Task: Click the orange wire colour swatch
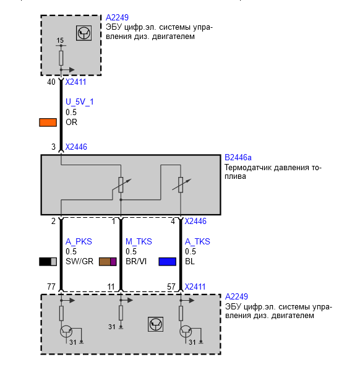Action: coord(48,123)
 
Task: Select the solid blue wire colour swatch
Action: coord(168,262)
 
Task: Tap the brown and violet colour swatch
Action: coord(108,262)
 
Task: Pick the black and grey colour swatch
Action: coord(48,262)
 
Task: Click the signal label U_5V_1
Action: coord(80,102)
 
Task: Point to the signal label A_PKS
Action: coord(79,241)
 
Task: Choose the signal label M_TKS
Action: coord(139,241)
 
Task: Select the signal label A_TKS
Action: coord(197,241)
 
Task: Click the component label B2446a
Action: coord(238,158)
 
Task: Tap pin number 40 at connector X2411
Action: coord(51,82)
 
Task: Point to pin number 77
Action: coord(51,287)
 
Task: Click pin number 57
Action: coord(171,287)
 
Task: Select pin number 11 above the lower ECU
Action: coord(111,287)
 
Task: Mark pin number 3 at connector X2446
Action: coord(54,147)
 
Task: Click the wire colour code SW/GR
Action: coord(79,261)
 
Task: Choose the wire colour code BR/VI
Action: coord(136,261)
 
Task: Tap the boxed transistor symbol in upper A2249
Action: coord(84,33)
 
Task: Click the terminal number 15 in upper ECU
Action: coord(60,40)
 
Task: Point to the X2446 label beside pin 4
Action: coord(195,221)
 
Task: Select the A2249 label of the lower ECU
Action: coord(237,296)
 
